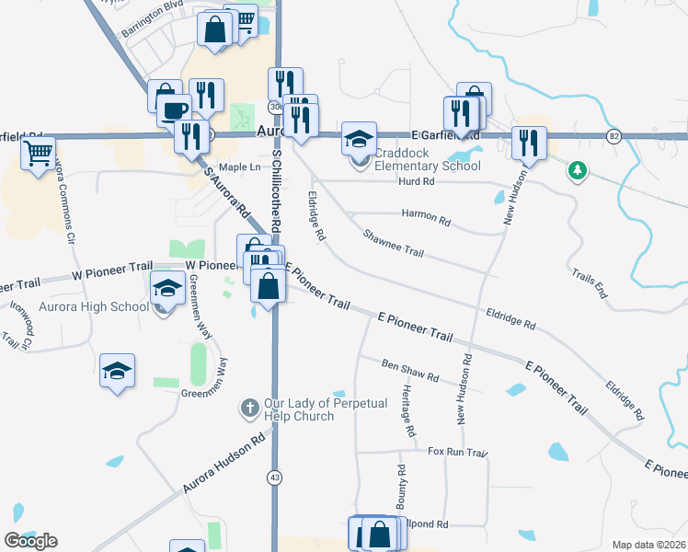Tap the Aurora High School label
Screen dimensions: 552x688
95,306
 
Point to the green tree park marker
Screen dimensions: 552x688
578,170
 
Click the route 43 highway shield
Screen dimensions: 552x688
275,477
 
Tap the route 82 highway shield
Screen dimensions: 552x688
613,136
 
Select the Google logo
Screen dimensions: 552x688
30,540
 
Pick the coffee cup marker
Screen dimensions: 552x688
173,110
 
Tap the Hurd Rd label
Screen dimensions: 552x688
416,182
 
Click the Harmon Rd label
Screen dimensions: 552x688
426,218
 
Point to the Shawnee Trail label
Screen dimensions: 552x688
393,244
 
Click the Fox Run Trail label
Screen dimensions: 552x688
456,452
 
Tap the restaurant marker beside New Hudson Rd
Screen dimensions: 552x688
529,143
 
